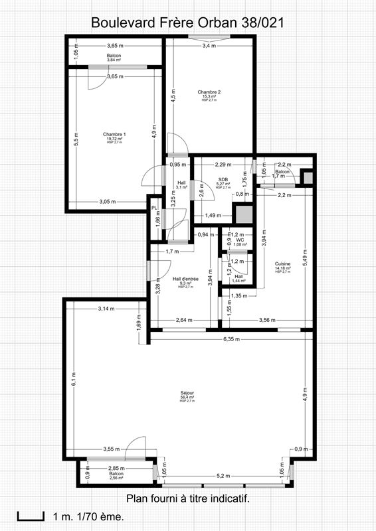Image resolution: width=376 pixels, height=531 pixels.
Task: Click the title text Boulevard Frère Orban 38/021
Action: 188,23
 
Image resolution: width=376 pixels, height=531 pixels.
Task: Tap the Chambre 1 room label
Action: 114,135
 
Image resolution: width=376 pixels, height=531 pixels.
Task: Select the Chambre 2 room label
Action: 209,92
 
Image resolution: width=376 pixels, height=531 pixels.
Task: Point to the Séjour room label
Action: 187,393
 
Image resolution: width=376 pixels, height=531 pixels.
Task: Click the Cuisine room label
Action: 282,264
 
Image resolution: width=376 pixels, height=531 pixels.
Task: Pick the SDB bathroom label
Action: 223,179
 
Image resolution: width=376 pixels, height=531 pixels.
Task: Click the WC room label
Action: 240,240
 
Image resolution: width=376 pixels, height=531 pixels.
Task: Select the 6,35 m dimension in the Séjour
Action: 232,339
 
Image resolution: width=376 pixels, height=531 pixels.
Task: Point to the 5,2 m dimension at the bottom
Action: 223,476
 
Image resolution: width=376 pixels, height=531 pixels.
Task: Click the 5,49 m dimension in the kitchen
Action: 305,260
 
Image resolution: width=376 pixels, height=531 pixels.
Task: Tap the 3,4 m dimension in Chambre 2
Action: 209,46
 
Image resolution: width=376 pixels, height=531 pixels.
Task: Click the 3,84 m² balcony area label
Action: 114,60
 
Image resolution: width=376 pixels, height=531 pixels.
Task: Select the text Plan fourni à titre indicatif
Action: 187,498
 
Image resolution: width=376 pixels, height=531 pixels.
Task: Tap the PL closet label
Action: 153,208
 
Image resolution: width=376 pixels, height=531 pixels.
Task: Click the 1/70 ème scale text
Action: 96,516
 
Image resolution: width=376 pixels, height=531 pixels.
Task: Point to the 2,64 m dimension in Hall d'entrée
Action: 184,320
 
